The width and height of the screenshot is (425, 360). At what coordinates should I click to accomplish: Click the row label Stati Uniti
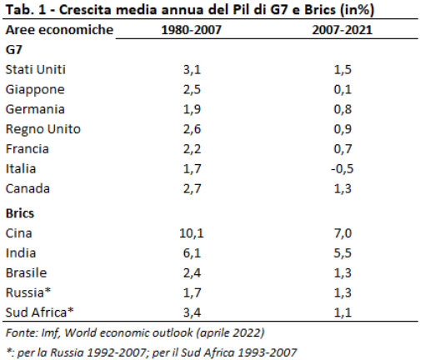point(36,69)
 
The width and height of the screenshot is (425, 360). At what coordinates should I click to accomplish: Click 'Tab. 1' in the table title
point(22,11)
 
